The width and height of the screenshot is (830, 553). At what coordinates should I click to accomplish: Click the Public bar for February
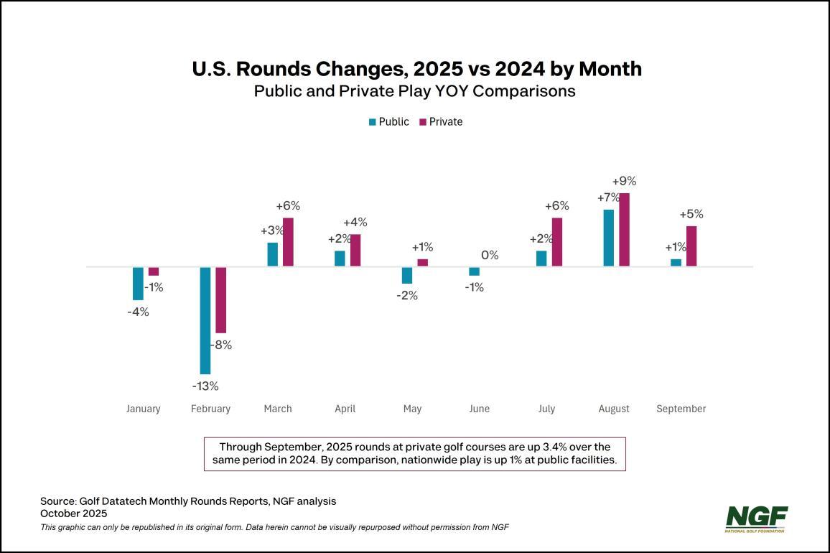pos(205,320)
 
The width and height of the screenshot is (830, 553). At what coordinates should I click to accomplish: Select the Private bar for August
pos(624,230)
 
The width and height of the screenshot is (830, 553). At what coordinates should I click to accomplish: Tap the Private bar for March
pos(288,242)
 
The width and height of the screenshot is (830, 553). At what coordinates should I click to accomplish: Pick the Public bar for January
pos(138,283)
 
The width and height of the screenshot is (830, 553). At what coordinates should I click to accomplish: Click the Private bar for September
pos(691,246)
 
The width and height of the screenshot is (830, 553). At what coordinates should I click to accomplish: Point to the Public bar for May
pos(407,275)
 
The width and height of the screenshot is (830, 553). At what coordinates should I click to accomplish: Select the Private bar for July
pos(557,242)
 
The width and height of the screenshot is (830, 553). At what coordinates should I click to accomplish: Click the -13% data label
pos(205,386)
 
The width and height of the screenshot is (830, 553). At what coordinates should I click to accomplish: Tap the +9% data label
pos(624,181)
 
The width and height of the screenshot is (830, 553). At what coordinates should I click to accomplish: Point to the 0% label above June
pos(490,255)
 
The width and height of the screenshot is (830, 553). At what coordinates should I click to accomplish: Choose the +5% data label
pos(691,214)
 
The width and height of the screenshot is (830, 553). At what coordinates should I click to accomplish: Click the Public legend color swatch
pos(372,122)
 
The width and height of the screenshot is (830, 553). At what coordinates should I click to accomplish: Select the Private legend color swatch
pos(422,122)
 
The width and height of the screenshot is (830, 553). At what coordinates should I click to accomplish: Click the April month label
pos(345,409)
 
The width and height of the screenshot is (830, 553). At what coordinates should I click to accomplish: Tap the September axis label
pos(681,409)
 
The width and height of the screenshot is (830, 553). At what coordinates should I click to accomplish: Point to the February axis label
pos(211,409)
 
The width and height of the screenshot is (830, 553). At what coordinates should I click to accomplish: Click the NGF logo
pos(756,519)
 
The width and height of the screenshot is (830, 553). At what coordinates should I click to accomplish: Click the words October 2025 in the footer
pos(73,513)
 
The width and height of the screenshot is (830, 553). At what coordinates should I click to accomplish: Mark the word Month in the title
pos(608,69)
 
